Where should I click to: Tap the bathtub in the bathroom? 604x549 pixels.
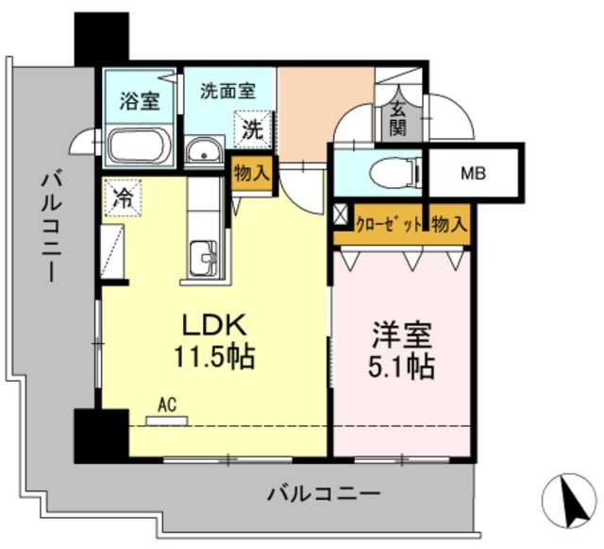pos(139,147)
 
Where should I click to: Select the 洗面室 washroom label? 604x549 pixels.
pos(226,92)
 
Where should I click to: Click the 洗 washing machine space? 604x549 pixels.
pos(253,129)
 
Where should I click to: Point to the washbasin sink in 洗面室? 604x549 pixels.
pos(203,151)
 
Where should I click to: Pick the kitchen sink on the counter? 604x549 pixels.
pos(203,256)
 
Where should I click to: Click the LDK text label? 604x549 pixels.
pos(214,327)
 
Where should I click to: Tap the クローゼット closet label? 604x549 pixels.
pos(389,224)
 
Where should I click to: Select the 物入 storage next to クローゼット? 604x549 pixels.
pos(449,224)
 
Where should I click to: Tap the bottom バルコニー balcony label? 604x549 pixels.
pos(324,492)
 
